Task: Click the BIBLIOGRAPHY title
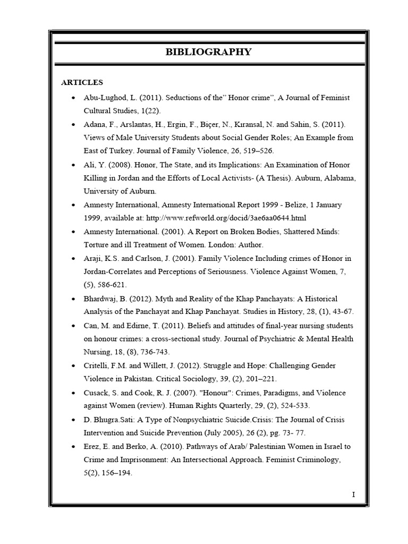point(208,52)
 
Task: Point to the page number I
point(353,495)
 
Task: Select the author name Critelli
point(99,365)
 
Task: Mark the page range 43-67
point(325,312)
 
